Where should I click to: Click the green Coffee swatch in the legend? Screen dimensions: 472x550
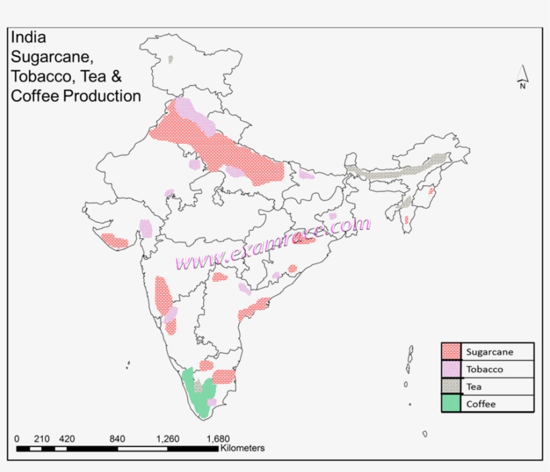coord(451,404)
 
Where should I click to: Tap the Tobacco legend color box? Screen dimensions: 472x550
coord(451,369)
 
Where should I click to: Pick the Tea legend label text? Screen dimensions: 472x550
coord(474,386)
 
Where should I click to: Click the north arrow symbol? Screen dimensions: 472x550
coord(522,73)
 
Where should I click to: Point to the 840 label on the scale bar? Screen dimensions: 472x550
coord(117,439)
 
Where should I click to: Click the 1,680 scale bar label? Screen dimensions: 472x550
coord(218,439)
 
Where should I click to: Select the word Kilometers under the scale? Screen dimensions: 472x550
coord(242,448)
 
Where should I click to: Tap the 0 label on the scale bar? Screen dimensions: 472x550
coord(17,439)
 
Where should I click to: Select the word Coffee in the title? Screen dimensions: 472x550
coord(35,96)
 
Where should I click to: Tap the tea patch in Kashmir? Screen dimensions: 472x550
coord(171,60)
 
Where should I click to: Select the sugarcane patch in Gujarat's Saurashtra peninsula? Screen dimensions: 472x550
coord(114,240)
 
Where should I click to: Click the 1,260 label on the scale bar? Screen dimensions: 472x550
coord(168,439)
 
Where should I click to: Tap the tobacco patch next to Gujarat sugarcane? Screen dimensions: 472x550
coord(145,229)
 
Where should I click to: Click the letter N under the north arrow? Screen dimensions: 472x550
coord(521,85)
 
